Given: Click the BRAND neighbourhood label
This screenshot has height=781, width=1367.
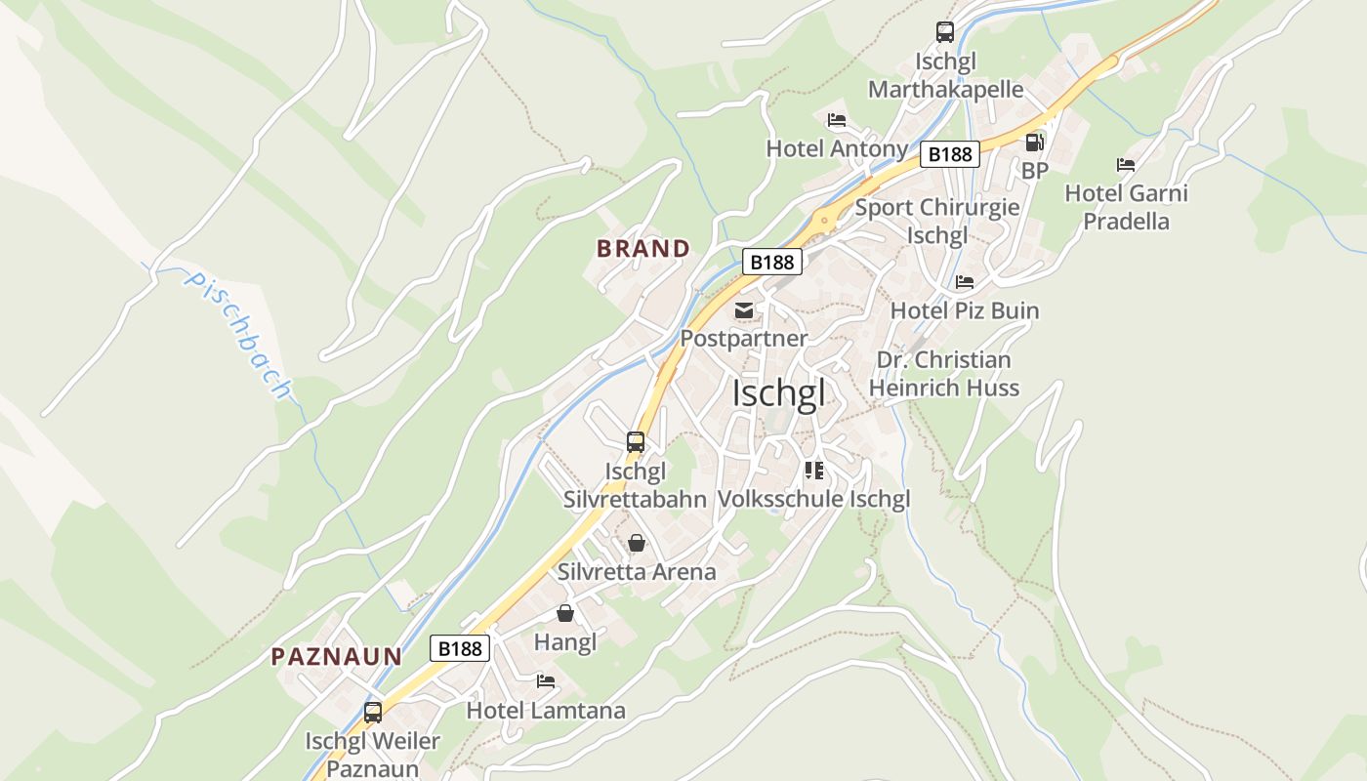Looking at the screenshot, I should click(x=643, y=249).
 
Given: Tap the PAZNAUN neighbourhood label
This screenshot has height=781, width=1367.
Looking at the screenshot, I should click(x=336, y=657).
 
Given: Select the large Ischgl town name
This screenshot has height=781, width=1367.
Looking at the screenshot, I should click(x=778, y=393).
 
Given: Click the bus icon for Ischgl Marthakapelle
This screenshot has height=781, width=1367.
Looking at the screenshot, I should click(x=944, y=32).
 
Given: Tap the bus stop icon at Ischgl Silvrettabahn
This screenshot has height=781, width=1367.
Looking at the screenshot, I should click(x=636, y=442).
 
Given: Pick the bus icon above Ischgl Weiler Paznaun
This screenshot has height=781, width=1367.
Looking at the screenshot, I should click(x=373, y=713).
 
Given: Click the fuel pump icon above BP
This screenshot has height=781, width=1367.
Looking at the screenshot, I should click(x=1034, y=143).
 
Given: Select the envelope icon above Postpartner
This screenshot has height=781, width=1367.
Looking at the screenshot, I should click(x=744, y=310).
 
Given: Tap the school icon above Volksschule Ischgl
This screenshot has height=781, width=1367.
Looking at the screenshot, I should click(x=814, y=471).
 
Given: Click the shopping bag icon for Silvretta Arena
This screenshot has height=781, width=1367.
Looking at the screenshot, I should click(x=637, y=543).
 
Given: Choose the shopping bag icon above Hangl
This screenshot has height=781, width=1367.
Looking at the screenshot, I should click(x=564, y=613).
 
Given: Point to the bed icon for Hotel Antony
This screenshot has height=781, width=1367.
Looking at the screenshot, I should click(x=837, y=120).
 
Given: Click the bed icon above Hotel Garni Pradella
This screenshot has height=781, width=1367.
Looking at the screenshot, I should click(x=1126, y=165).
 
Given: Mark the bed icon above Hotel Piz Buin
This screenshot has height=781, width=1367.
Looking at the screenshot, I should click(x=965, y=282).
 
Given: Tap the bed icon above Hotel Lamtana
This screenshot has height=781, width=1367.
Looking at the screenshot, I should click(x=546, y=681).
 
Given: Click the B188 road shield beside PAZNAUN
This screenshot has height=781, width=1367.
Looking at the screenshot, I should click(x=459, y=648).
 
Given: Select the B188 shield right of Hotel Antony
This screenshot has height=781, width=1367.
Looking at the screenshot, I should click(x=949, y=154).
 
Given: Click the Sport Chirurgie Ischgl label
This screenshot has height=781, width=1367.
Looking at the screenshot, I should click(x=937, y=222).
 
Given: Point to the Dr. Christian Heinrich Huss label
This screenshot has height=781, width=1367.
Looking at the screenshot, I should click(x=944, y=374).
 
